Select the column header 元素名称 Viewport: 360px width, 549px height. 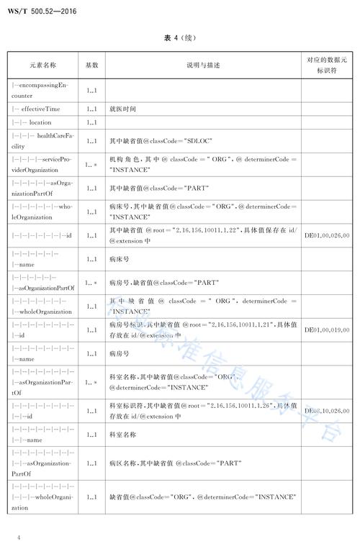coord(43,65)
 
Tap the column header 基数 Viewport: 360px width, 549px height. coord(92,65)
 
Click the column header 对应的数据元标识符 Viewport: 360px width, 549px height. coord(327,65)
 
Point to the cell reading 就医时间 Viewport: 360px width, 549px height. coord(123,109)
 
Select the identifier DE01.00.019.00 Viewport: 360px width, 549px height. coord(327,330)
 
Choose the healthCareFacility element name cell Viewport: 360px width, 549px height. coord(42,142)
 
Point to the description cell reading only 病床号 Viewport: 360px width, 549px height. coord(119,258)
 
